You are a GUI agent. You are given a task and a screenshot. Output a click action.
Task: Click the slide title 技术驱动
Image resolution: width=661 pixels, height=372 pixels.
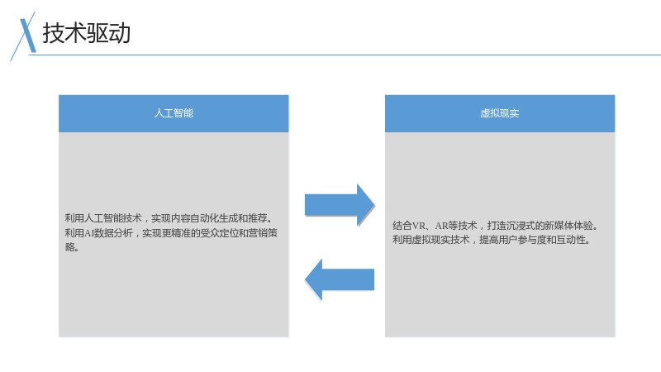[87, 33]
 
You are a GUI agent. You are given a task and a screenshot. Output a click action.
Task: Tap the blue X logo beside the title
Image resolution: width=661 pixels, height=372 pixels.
[24, 36]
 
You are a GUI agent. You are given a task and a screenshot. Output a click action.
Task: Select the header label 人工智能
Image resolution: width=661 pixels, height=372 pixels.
[174, 113]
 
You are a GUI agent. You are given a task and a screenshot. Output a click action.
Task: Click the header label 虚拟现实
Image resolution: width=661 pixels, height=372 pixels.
[500, 113]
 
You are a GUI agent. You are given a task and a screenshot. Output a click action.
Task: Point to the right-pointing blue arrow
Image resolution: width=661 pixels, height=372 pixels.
[340, 205]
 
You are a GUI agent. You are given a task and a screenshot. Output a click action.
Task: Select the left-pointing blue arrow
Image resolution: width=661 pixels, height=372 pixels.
[340, 279]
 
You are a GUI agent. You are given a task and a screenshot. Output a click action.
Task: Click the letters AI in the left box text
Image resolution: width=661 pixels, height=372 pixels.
[89, 233]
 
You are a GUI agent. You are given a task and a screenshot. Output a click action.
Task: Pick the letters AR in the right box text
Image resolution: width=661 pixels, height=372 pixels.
[442, 226]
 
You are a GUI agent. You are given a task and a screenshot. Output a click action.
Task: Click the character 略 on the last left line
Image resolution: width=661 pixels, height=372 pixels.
[69, 246]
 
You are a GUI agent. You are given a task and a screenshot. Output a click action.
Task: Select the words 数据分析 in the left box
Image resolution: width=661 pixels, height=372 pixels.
[113, 233]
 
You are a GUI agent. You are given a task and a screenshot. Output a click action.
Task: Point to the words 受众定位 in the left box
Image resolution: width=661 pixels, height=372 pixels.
[219, 233]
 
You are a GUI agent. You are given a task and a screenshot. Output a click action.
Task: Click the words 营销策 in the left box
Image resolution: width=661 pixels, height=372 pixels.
[263, 233]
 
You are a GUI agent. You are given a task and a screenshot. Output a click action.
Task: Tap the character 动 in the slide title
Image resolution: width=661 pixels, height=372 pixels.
[120, 33]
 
